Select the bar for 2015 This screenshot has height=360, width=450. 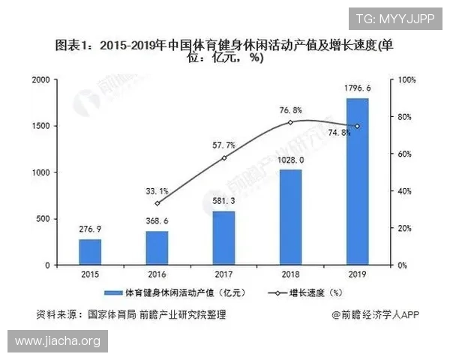tap(90, 252)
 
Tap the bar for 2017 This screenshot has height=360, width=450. tap(223, 238)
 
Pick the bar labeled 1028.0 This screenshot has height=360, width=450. tap(289, 217)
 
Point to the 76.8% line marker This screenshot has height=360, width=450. tap(290, 121)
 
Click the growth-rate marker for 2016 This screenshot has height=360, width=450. tap(157, 203)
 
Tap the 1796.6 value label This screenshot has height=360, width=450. tap(358, 89)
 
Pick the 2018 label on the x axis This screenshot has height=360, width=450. tap(290, 275)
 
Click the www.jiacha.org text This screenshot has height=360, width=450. tap(57, 341)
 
